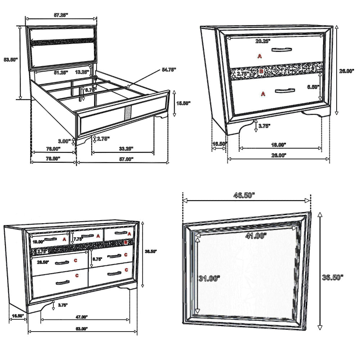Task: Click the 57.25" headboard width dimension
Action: [x=61, y=15]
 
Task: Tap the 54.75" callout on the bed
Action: [x=169, y=70]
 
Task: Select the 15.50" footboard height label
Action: [x=183, y=103]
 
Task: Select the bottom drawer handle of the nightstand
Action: [x=285, y=90]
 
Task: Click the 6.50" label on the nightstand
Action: [x=312, y=87]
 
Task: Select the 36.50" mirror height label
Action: [x=333, y=277]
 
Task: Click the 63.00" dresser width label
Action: [x=82, y=328]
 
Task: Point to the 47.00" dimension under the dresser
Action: [x=82, y=317]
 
